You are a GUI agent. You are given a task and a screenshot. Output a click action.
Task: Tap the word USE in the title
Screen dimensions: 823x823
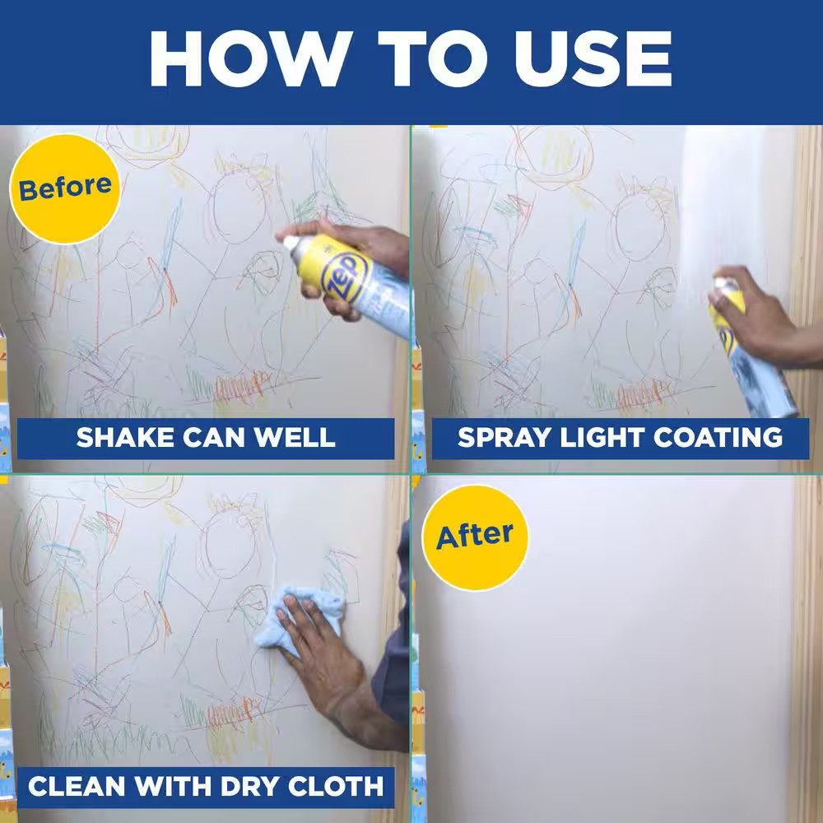(x=593, y=58)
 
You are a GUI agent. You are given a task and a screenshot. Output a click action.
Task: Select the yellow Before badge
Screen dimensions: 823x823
(x=65, y=189)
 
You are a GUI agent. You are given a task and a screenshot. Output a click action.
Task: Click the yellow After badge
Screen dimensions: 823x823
(x=475, y=537)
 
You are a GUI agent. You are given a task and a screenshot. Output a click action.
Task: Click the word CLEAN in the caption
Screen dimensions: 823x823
(x=77, y=786)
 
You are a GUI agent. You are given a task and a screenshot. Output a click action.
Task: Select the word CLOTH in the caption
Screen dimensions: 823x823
(x=336, y=786)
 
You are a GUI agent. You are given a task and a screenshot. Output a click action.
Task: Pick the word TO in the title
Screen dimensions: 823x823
(x=433, y=58)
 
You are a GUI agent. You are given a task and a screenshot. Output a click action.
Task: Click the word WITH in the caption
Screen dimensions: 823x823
(x=173, y=786)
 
